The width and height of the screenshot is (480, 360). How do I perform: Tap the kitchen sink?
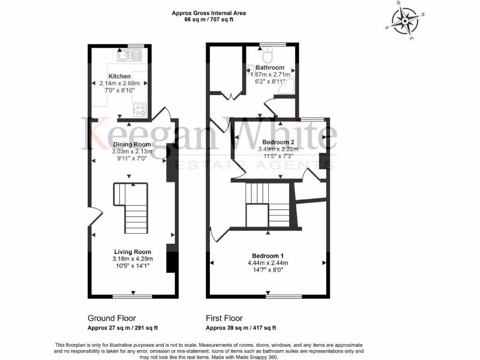tap(129, 56)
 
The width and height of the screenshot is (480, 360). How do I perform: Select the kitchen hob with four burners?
tap(140, 110)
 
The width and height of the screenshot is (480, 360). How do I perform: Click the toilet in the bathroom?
tap(267, 57)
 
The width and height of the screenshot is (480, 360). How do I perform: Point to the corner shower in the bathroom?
tap(287, 86)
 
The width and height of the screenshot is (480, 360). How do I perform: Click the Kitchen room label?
tap(120, 76)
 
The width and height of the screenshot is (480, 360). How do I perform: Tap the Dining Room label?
tap(131, 144)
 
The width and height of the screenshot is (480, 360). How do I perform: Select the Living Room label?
tap(132, 252)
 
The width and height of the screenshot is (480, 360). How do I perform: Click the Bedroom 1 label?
tap(268, 255)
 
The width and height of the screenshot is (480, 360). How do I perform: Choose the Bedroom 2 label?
tap(278, 142)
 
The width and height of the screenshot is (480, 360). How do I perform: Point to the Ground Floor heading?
tap(112, 318)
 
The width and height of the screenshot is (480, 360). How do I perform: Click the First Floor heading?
tap(224, 318)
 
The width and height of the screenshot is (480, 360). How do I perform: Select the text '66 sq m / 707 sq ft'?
tap(209, 20)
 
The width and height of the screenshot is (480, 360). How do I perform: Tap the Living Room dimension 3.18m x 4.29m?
tap(132, 259)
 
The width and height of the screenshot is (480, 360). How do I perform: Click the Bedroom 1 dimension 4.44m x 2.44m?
tap(268, 262)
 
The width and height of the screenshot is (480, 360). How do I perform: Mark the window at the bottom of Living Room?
tap(132, 296)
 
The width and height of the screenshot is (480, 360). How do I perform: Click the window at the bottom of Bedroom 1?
tap(284, 296)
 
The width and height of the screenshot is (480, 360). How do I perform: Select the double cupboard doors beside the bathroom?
tap(231, 96)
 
